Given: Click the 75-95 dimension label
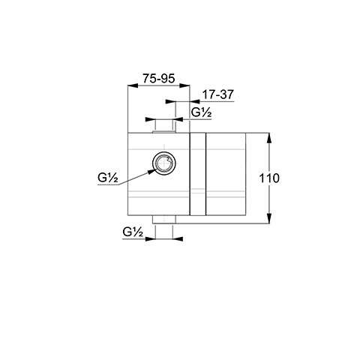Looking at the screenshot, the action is [x=159, y=79].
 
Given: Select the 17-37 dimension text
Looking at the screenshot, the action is [x=217, y=94].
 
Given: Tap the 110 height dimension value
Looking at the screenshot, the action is [x=269, y=178].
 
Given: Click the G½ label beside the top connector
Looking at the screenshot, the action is [x=202, y=112].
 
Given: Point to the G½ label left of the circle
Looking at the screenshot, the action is [x=108, y=178].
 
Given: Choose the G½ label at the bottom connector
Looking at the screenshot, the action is [x=133, y=232].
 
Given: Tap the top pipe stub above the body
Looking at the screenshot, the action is [x=164, y=126].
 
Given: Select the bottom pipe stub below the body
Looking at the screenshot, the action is [x=164, y=220].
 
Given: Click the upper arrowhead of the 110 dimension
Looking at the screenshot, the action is [x=269, y=137].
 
